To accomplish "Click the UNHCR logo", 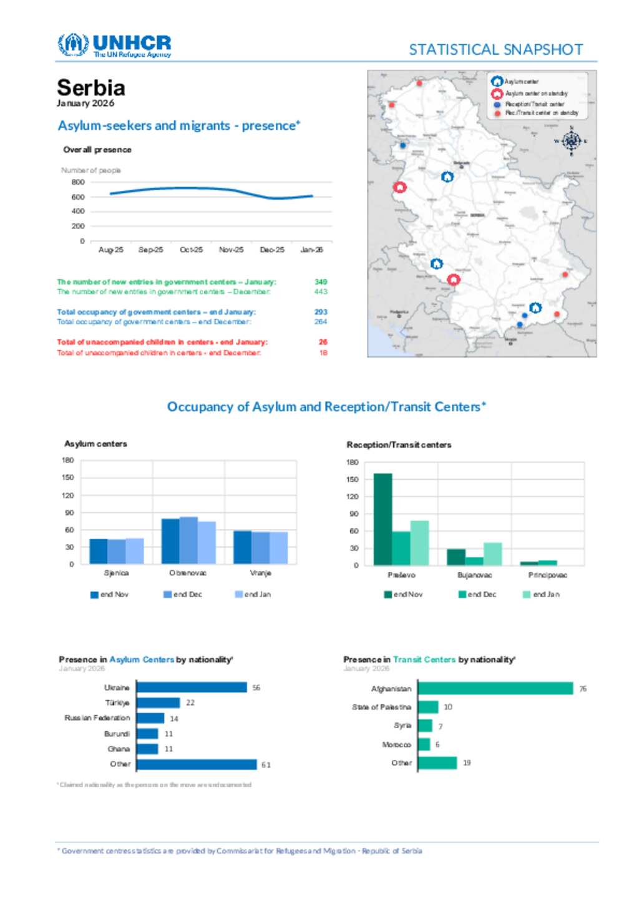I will pos(114,46).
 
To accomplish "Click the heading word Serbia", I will pos(91,87).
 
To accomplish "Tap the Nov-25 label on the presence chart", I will pos(231,250).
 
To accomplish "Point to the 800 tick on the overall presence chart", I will pos(78,182).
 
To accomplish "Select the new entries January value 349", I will pos(321,282).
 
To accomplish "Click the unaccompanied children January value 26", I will pos(323,342).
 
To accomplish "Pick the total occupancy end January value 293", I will pos(321,312).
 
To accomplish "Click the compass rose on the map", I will pos(571,141).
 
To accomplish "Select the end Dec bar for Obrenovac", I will pos(188,540).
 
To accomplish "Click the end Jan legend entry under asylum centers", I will pos(253,595).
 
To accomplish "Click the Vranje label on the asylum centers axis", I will pos(260,573).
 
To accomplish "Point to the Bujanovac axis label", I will pos(474,575).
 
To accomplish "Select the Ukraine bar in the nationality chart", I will pos(192,688).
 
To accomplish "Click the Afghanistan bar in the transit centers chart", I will pos(495,689).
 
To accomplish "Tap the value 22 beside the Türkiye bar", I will pos(190,703).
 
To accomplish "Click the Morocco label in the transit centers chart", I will pos(396,745).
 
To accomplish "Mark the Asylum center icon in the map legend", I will pos(497,82).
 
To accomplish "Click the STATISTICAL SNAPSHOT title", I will pos(495,50).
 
